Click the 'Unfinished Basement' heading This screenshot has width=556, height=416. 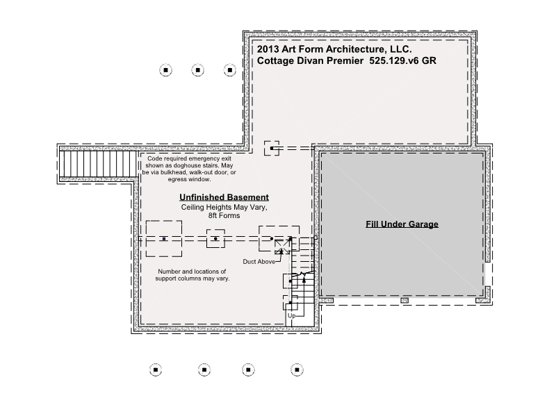pyautogui.click(x=224, y=197)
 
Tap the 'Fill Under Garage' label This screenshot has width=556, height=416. pyautogui.click(x=402, y=224)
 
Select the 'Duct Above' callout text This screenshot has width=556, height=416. pyautogui.click(x=259, y=262)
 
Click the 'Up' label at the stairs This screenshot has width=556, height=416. pyautogui.click(x=291, y=315)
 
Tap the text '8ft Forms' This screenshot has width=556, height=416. pyautogui.click(x=224, y=215)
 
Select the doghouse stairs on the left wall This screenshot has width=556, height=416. pyautogui.click(x=98, y=164)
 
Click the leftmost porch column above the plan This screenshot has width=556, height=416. pyautogui.click(x=165, y=70)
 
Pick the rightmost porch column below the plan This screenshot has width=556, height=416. pyautogui.click(x=297, y=370)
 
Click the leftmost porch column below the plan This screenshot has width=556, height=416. pyautogui.click(x=156, y=370)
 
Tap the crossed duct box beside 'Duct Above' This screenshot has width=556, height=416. pyautogui.click(x=282, y=247)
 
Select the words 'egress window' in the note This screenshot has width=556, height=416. pyautogui.click(x=189, y=179)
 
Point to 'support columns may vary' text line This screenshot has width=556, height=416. pyautogui.click(x=193, y=278)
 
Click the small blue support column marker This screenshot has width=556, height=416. pyautogui.click(x=164, y=239)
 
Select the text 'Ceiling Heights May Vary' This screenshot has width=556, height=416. pyautogui.click(x=224, y=207)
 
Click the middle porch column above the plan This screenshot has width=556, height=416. pyautogui.click(x=197, y=70)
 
